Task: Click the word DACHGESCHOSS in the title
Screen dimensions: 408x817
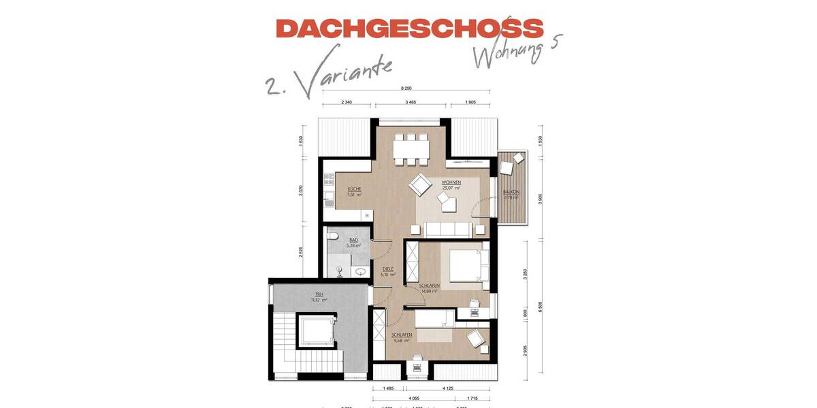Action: click(x=410, y=29)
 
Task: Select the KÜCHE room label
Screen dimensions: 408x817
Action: click(x=354, y=188)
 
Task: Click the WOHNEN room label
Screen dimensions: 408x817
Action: click(x=451, y=182)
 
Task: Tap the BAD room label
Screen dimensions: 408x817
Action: click(x=353, y=240)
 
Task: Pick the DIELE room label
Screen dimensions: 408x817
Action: click(x=388, y=269)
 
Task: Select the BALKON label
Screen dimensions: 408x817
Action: click(x=511, y=192)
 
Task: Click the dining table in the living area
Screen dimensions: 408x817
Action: click(x=411, y=148)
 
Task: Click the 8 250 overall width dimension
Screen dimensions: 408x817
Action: click(x=406, y=89)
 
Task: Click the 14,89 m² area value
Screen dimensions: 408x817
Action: click(x=429, y=290)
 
